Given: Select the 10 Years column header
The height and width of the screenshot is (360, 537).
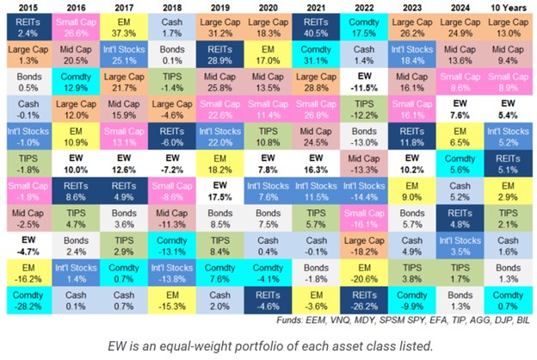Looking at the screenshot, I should tap(508, 8).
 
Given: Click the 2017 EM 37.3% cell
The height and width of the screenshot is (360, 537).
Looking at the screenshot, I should tap(123, 28).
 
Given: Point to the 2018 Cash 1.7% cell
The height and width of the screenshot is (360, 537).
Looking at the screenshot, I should tap(171, 28).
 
